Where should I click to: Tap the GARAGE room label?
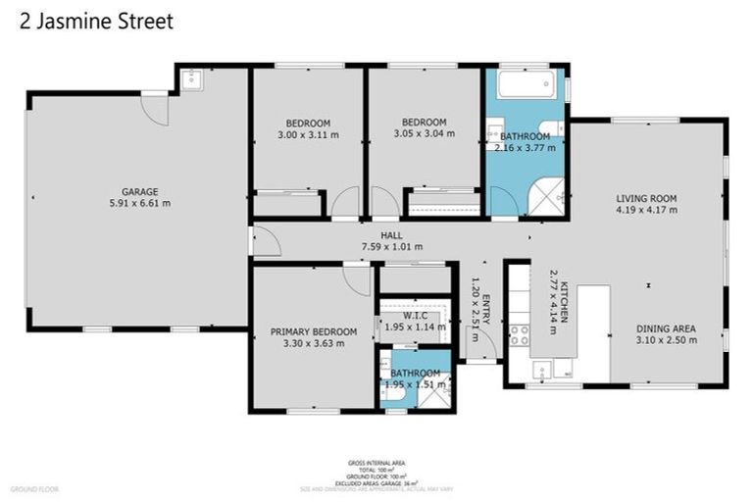139,191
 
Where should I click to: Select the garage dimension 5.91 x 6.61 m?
139,204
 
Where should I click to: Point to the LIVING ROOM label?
646,197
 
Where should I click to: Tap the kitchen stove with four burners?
519,335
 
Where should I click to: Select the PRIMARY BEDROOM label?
310,331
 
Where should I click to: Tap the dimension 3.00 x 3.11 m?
308,134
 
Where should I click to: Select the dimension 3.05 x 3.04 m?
424,134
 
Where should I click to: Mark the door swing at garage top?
156,108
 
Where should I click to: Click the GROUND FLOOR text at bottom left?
34,487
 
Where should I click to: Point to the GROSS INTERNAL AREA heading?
376,462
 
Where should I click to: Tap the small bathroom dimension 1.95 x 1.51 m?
416,384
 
